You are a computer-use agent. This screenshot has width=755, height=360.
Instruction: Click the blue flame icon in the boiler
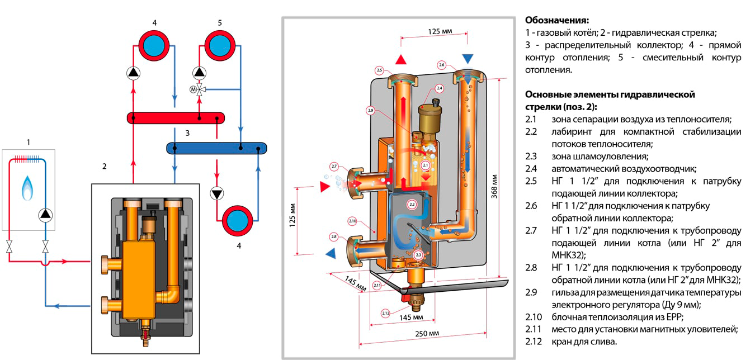(x=28, y=188)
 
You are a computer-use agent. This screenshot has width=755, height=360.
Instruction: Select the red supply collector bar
(x=176, y=117)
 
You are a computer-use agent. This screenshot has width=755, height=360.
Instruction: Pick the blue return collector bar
(x=216, y=148)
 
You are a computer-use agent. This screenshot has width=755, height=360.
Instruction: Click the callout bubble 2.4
(x=439, y=89)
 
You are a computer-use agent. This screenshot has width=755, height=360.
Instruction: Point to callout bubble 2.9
(x=370, y=111)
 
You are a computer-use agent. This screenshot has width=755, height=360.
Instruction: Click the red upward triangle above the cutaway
(x=400, y=59)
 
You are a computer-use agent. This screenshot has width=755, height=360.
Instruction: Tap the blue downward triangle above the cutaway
(x=468, y=59)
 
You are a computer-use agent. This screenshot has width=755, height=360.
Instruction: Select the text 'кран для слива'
(x=585, y=342)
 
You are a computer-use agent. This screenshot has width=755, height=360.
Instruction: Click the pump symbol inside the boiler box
(x=45, y=214)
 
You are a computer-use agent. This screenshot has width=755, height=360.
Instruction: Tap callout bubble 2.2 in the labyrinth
(x=412, y=205)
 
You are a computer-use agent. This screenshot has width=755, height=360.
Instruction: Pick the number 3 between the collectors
(x=188, y=133)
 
